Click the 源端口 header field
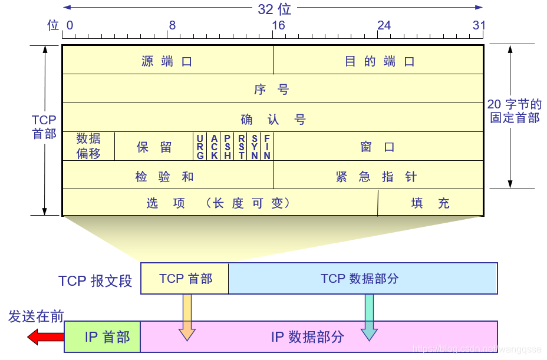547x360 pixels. click(x=167, y=61)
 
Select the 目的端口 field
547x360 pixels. click(x=379, y=61)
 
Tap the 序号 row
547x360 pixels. click(x=272, y=90)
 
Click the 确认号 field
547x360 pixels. click(x=272, y=118)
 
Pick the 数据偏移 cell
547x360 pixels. click(x=88, y=146)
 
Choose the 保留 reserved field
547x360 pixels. click(x=154, y=147)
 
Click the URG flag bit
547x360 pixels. click(x=200, y=147)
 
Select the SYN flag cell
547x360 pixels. click(x=255, y=147)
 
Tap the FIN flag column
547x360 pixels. click(x=267, y=147)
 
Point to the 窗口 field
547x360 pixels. click(x=378, y=147)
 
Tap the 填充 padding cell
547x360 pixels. click(x=430, y=203)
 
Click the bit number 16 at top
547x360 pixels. click(x=278, y=25)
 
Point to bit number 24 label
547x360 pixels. click(x=384, y=25)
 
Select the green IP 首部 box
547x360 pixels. click(x=103, y=337)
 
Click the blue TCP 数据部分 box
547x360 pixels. click(x=363, y=278)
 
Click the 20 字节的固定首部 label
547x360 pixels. click(x=515, y=111)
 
